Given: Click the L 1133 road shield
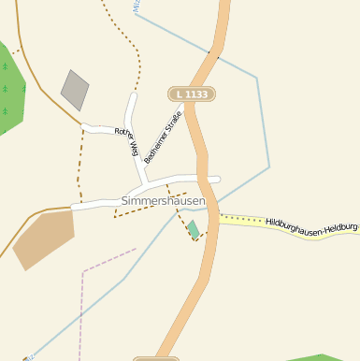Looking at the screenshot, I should click(x=192, y=94).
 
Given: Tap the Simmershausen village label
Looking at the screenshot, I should click(x=164, y=201).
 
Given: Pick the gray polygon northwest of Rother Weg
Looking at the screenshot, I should click(x=74, y=89).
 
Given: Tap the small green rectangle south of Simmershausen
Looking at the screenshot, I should click(x=193, y=229).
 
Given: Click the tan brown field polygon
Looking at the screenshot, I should click(x=43, y=238).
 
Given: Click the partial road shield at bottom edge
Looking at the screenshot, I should click(x=156, y=358).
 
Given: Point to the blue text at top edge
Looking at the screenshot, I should click(x=137, y=5).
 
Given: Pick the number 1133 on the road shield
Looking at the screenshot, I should click(x=197, y=94).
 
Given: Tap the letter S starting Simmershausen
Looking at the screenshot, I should click(x=125, y=201).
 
